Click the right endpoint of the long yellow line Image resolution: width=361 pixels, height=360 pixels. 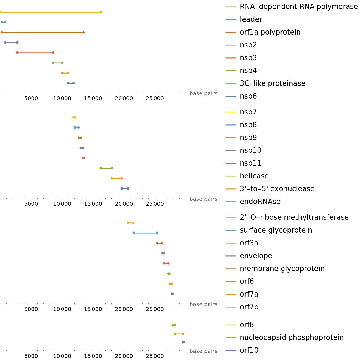coord(101,12)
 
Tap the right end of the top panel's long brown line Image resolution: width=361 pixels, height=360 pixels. coord(84,32)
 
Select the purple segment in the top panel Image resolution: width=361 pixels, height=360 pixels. coord(11,42)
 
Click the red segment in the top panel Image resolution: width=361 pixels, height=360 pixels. coord(35,53)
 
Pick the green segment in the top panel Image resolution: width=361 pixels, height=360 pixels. coord(58,63)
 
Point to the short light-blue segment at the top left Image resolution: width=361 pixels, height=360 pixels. coord(4,22)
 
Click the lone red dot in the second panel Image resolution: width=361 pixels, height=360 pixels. coord(83,158)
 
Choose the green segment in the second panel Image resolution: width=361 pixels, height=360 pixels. coord(106,168)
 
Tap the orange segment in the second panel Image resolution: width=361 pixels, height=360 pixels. coord(117,178)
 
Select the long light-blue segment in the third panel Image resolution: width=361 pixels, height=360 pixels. coord(145,233)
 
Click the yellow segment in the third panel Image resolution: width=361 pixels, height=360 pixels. coord(131,223)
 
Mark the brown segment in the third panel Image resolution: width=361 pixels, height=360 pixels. coord(160,243)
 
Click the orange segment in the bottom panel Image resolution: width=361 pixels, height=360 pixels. coord(179,334)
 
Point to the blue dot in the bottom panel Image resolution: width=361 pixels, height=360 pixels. coord(183,342)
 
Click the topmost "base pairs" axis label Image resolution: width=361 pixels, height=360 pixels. coord(203,94)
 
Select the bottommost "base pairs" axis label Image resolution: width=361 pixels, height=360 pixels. coord(203,351)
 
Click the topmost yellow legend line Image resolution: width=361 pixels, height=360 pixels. coord(231,7)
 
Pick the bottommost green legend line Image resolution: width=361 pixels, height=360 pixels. coord(231,325)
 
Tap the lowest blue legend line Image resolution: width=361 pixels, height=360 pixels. coord(231,350)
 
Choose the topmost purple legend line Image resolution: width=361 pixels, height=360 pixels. coord(231,45)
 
